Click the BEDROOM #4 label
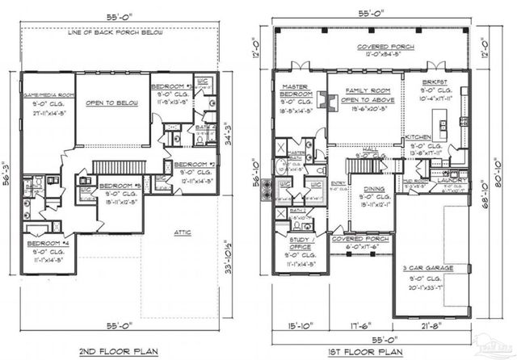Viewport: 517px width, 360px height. (x=47, y=243)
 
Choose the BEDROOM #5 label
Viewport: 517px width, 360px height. (x=122, y=186)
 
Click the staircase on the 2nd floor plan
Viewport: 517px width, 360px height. (x=120, y=167)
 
